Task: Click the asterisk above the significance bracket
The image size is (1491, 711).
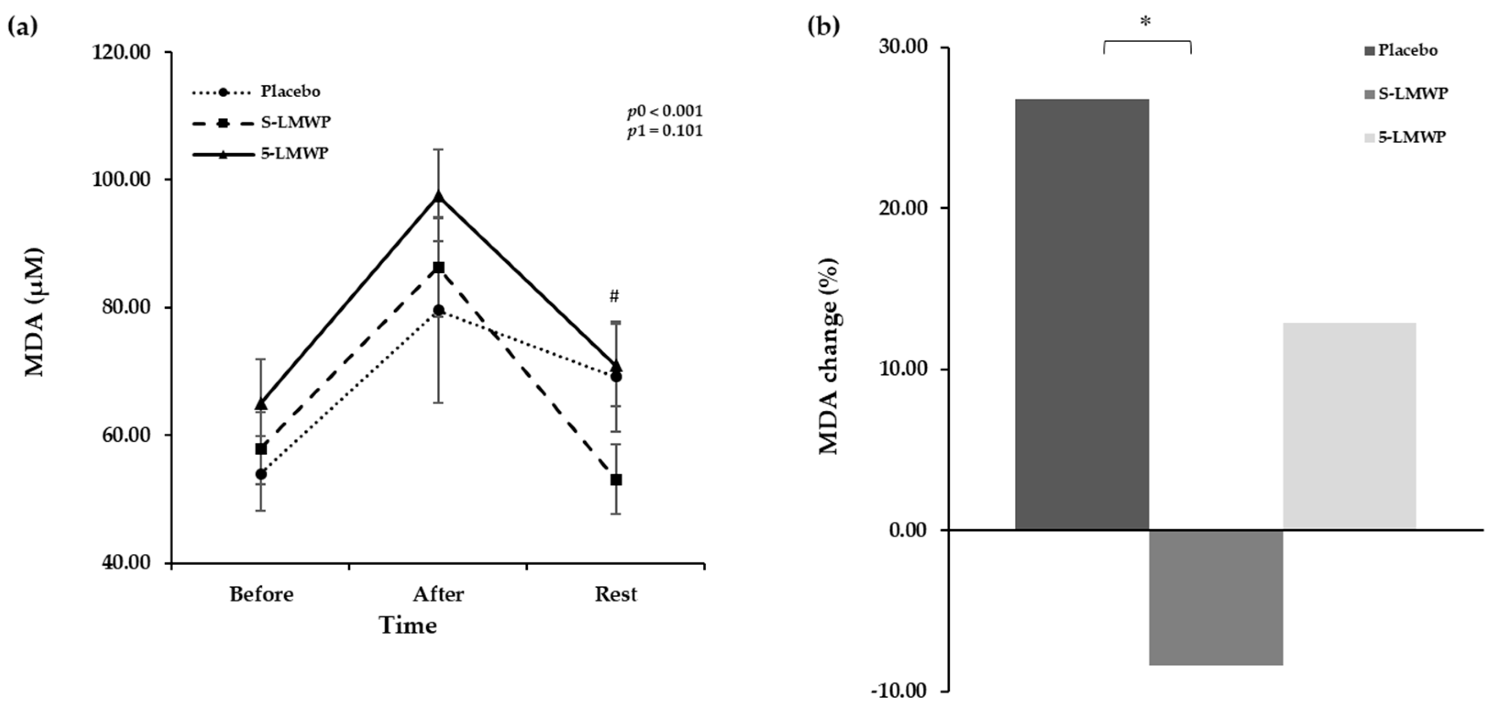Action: point(1145,22)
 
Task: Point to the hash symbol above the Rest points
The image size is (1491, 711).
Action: point(614,297)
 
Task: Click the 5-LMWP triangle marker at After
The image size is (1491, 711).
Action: point(439,197)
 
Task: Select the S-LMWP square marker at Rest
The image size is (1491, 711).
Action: point(616,480)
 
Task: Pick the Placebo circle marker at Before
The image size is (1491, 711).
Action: point(261,474)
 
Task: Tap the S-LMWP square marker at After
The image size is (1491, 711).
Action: point(439,268)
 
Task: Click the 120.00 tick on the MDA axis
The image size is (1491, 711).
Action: point(122,52)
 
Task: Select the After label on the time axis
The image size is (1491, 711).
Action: point(438,595)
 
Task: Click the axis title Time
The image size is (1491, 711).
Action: point(408,626)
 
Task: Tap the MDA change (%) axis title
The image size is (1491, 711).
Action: point(830,356)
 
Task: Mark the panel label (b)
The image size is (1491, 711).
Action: point(823,26)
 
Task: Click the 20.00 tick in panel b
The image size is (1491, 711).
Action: point(904,208)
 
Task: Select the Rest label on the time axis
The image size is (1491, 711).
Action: point(616,595)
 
